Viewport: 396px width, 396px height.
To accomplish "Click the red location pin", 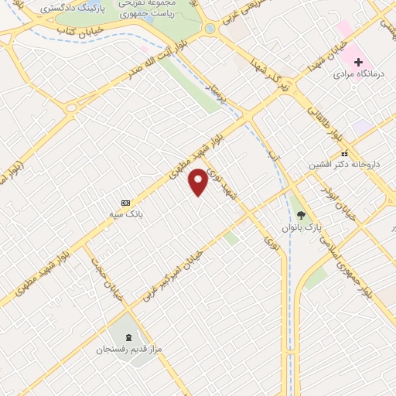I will tap(199, 182).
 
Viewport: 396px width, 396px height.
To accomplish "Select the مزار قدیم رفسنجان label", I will tap(128, 350).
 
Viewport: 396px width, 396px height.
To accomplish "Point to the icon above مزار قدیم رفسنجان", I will tap(128, 337).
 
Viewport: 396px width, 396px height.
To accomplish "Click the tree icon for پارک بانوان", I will tap(300, 214).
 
